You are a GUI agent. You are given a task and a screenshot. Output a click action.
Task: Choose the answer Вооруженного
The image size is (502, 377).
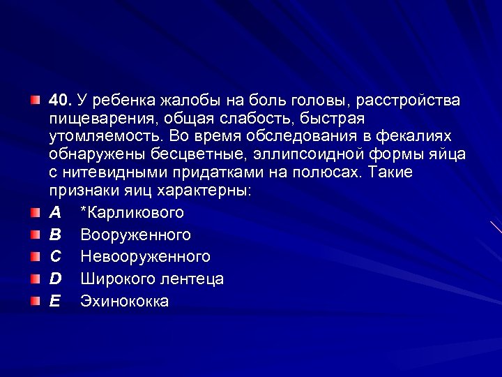click(135, 235)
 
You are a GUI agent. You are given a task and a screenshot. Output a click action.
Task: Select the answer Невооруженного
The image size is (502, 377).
click(145, 257)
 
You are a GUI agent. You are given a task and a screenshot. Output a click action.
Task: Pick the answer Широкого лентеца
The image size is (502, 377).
click(152, 279)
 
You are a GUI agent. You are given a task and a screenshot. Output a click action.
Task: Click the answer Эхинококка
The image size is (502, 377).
click(125, 302)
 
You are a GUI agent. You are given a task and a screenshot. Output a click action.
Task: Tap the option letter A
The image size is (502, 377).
click(55, 213)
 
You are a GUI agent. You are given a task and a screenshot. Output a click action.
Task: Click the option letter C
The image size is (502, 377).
click(55, 257)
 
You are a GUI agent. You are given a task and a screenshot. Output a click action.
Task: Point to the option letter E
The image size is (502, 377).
click(55, 302)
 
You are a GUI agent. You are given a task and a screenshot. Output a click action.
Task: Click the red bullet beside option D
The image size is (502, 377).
click(35, 279)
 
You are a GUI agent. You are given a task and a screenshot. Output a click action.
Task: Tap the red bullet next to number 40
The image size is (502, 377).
click(35, 101)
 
